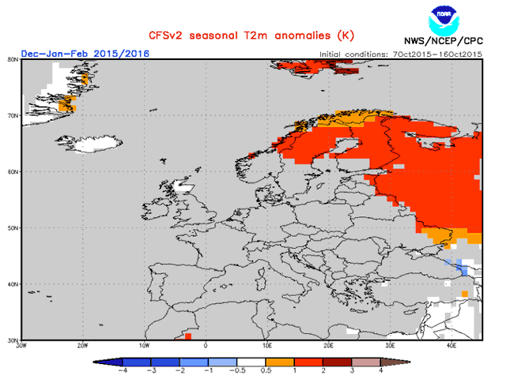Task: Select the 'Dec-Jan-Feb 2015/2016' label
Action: [x=85, y=53]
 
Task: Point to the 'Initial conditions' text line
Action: [x=400, y=54]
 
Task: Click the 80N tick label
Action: [x=13, y=58]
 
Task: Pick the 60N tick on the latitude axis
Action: [x=13, y=171]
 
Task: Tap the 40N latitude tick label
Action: [x=13, y=283]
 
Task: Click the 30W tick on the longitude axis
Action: [x=22, y=346]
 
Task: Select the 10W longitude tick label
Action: [x=144, y=346]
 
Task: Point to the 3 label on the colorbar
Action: [x=352, y=370]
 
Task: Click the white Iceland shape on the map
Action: [x=94, y=144]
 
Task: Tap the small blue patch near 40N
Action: [x=461, y=269]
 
